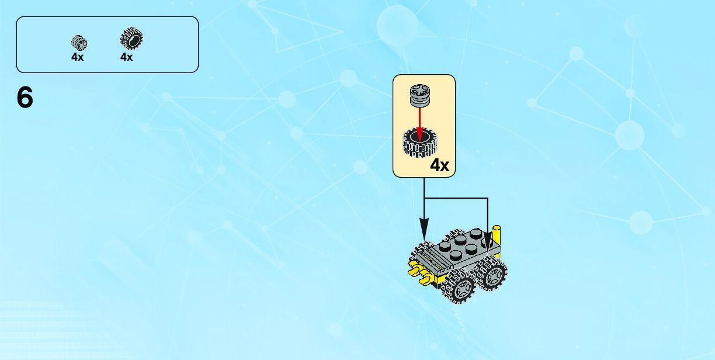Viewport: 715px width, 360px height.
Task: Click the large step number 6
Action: tap(25, 98)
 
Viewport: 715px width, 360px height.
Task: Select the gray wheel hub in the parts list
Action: tap(78, 41)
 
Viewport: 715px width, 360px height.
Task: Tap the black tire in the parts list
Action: tap(131, 40)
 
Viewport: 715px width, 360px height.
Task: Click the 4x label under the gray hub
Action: tap(78, 57)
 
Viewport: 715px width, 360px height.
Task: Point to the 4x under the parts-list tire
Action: tap(127, 57)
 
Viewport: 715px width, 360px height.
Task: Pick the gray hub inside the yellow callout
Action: tap(418, 95)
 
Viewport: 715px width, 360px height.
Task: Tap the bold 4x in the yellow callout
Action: tap(439, 166)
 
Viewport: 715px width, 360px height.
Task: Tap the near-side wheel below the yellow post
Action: tap(492, 273)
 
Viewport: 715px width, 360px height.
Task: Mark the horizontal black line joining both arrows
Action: tap(456, 199)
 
